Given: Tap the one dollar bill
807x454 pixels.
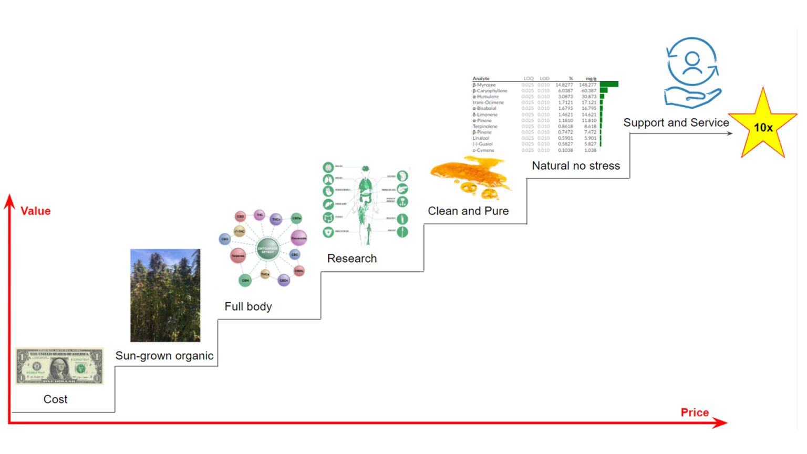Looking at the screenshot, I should (59, 366).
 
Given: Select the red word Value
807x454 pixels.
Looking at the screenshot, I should (36, 211).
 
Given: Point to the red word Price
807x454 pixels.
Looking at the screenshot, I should (695, 412).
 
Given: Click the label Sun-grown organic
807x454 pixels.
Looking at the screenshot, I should (164, 356).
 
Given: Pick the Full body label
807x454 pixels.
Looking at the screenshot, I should (248, 306).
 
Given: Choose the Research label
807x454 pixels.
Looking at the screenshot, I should (352, 259).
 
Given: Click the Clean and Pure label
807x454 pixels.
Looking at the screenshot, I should (468, 211).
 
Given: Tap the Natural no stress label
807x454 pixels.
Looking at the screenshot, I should (576, 166).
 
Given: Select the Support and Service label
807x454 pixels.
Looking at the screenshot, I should (676, 123).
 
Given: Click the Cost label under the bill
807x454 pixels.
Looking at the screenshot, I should (56, 399).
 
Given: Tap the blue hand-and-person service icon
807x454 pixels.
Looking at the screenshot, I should (692, 73).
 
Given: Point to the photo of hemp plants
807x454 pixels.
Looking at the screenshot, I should (165, 295).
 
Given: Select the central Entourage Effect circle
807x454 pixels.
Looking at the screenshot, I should (267, 250).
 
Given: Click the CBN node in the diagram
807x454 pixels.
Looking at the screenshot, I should (245, 281).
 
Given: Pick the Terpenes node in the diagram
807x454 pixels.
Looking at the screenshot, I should (237, 256).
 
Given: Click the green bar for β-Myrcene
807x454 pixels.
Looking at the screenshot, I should (609, 85).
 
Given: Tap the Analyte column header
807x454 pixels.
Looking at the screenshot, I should (481, 79).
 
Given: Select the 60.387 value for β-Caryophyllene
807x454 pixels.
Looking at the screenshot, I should (588, 91).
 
